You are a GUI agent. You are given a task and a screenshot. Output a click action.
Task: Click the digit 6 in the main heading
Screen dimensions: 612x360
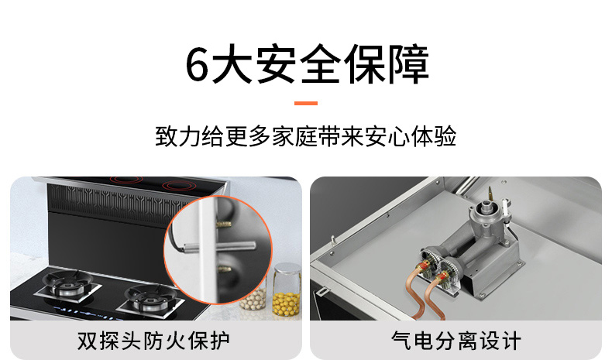point(196,64)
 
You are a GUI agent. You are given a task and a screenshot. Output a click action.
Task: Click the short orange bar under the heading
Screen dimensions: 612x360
point(305,104)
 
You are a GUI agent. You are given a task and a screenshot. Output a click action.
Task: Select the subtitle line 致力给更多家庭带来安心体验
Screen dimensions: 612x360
point(305,136)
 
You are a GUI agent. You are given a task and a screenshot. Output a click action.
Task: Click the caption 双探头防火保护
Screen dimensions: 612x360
point(153,341)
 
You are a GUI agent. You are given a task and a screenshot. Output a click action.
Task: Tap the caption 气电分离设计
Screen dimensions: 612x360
point(456,341)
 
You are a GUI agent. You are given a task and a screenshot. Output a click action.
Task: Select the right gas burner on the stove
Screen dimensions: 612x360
point(150,298)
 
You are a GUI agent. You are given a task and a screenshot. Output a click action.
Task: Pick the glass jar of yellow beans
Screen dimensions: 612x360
point(287,290)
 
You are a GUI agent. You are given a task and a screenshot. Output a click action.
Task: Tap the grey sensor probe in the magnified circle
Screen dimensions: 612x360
point(219,246)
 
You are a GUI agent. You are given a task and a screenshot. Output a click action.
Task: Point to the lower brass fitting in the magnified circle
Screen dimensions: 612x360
point(224,269)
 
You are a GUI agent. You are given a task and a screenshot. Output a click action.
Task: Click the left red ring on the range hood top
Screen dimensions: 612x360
point(125,180)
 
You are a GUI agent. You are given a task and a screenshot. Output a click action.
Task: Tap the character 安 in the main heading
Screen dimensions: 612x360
point(276,64)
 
